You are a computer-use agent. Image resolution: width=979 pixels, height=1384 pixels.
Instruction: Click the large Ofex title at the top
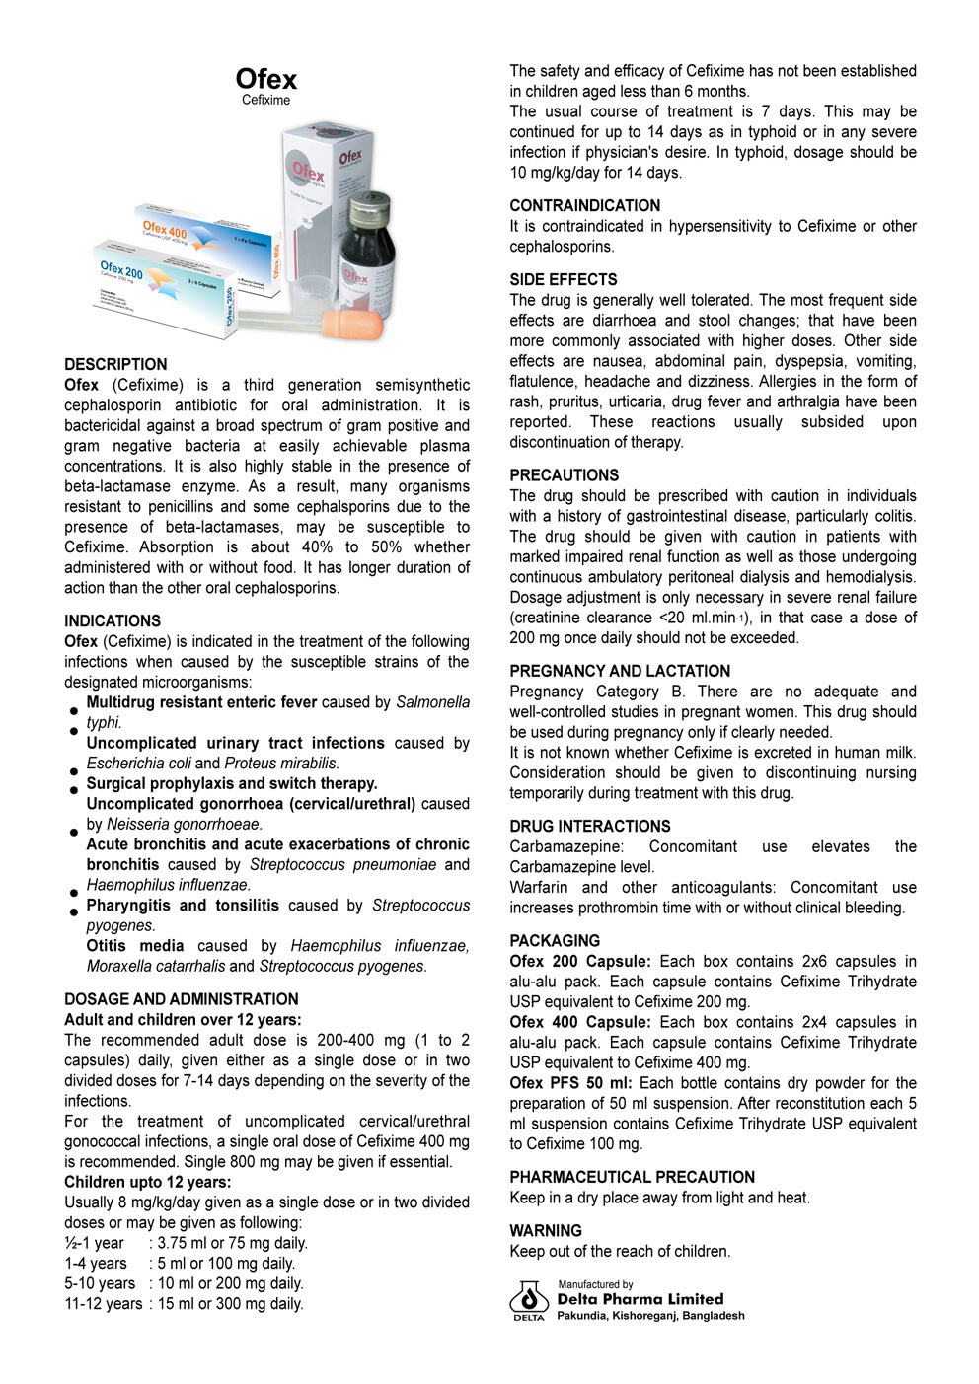(x=265, y=79)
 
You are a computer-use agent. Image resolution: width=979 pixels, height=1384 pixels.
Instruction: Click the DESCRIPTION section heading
(x=115, y=364)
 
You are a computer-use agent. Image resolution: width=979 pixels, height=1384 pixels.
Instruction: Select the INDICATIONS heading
(x=113, y=620)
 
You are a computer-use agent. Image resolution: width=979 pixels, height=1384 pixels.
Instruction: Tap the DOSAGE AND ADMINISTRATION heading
(x=182, y=999)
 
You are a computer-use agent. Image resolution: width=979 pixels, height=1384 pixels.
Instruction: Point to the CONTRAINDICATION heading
(x=584, y=205)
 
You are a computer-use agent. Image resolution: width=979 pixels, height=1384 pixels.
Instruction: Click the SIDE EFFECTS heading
(x=563, y=279)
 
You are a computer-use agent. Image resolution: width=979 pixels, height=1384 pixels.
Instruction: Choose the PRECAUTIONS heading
(x=564, y=474)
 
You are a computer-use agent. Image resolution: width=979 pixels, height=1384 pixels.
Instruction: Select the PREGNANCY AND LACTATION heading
(x=620, y=670)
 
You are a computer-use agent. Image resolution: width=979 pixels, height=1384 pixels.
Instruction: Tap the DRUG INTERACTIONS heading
(x=589, y=826)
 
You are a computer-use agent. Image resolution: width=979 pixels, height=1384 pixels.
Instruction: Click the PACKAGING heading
(x=555, y=940)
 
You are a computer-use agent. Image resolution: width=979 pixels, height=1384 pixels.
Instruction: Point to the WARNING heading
(x=546, y=1230)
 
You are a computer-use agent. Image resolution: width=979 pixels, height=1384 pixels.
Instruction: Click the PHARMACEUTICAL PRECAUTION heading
(x=632, y=1177)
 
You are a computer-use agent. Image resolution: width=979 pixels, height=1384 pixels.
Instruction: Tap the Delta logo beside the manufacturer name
(x=529, y=1299)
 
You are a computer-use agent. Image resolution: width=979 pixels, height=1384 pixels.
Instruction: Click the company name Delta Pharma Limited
(x=640, y=1299)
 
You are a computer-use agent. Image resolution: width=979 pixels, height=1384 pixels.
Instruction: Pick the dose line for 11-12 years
(x=184, y=1304)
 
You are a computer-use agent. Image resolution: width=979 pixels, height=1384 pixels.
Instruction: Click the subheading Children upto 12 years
(x=147, y=1182)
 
